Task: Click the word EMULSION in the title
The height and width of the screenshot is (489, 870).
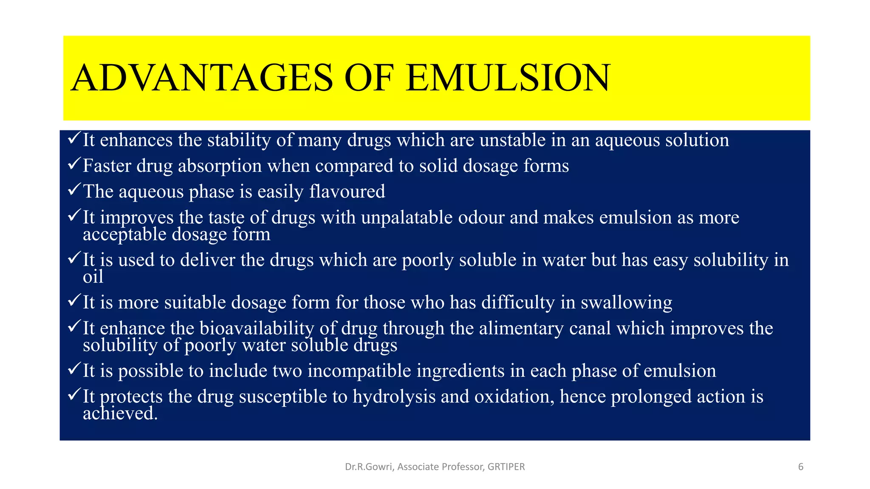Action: click(508, 78)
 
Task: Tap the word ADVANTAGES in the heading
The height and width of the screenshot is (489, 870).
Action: click(202, 78)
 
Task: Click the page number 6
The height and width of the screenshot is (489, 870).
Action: click(801, 467)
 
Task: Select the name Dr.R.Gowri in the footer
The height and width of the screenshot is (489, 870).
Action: click(370, 467)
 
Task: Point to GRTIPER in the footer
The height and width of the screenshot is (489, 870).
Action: click(506, 467)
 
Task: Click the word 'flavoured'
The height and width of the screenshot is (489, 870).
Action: click(347, 191)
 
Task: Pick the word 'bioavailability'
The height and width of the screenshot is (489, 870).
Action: click(257, 329)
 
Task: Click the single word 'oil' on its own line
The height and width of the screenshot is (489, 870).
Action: click(93, 277)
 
